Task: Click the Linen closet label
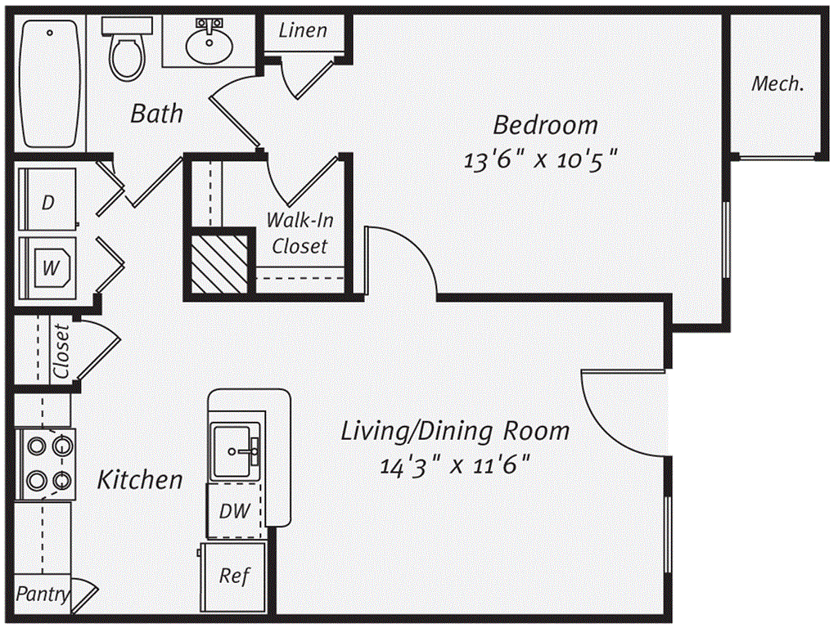pos(303,31)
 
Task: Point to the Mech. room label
pos(777,83)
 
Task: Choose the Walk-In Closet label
pos(300,233)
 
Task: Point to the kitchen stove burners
pos(46,463)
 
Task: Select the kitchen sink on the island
pos(237,451)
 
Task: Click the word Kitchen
pos(140,479)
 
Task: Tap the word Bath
pos(157,113)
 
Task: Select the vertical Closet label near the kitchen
pos(61,352)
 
